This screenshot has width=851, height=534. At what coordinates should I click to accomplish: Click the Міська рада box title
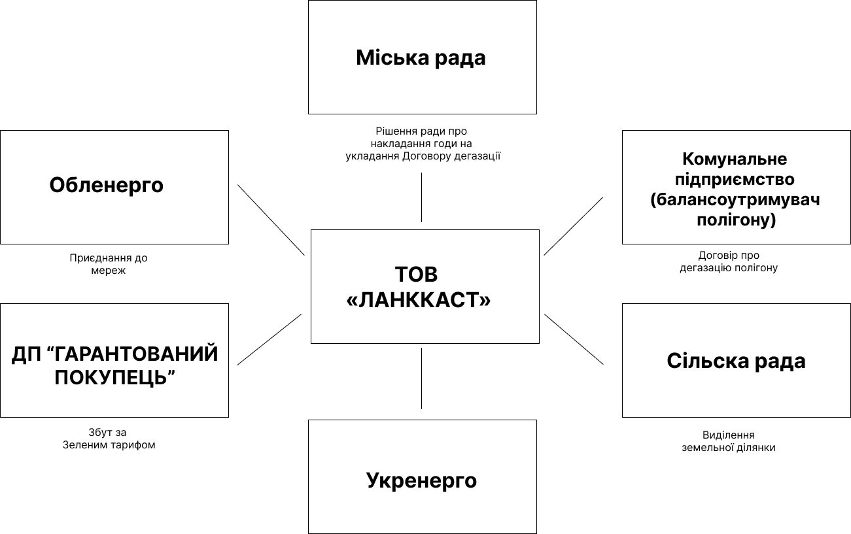click(x=421, y=58)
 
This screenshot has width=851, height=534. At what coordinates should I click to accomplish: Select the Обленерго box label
click(x=106, y=185)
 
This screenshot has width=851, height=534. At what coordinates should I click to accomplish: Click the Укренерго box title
click(x=421, y=480)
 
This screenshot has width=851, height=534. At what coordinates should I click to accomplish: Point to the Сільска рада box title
click(x=736, y=361)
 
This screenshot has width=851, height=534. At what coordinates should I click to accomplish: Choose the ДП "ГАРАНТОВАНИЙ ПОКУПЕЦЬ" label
click(x=114, y=365)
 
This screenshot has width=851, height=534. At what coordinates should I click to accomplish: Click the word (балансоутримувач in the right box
click(x=735, y=199)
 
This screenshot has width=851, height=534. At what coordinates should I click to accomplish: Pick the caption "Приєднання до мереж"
click(x=109, y=264)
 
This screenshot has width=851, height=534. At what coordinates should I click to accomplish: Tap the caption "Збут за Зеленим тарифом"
click(x=109, y=439)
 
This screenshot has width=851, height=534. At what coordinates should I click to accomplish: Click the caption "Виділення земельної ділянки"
click(x=729, y=441)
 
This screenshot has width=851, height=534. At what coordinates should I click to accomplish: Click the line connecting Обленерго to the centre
click(x=271, y=220)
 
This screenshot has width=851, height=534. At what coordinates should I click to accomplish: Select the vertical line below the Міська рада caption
click(x=421, y=197)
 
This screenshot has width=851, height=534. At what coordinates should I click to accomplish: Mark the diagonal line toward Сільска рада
click(x=574, y=339)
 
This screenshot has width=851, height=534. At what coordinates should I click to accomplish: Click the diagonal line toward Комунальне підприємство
click(x=573, y=226)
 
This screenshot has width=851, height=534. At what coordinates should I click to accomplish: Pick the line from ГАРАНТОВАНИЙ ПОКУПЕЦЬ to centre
click(x=269, y=339)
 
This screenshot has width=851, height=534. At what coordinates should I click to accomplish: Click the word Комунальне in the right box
click(x=735, y=159)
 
